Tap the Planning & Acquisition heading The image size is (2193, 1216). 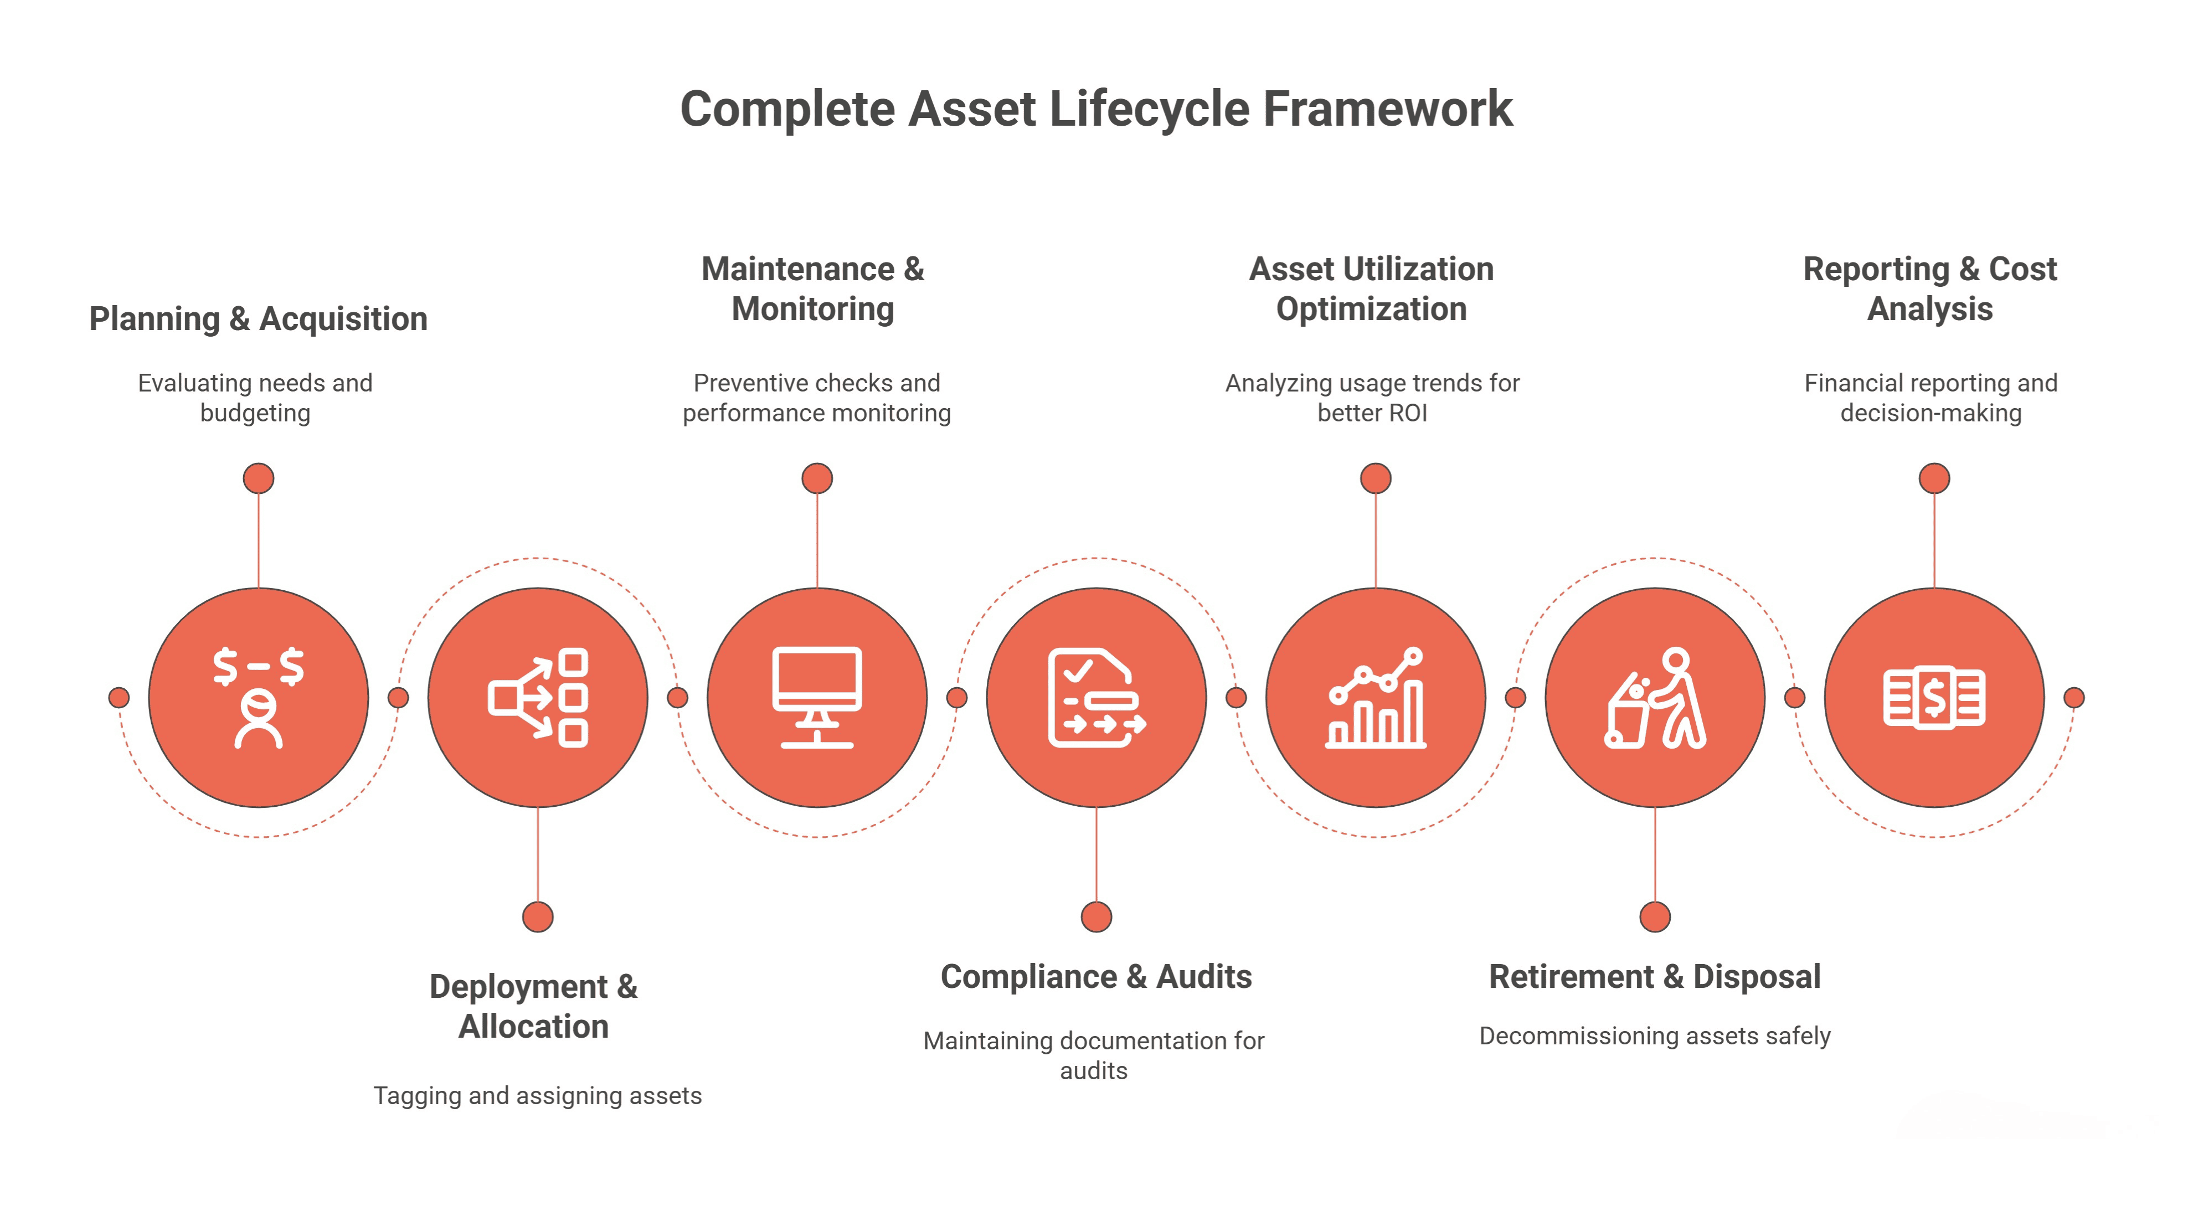point(258,319)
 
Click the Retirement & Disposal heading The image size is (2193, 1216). point(1654,977)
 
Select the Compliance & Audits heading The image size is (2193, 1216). point(1095,977)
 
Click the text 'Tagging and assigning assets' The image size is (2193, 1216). point(537,1096)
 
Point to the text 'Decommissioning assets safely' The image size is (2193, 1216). point(1654,1037)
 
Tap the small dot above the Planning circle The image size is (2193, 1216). point(258,478)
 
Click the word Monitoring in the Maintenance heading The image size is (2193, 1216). point(813,309)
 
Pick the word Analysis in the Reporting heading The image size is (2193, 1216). point(1930,309)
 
